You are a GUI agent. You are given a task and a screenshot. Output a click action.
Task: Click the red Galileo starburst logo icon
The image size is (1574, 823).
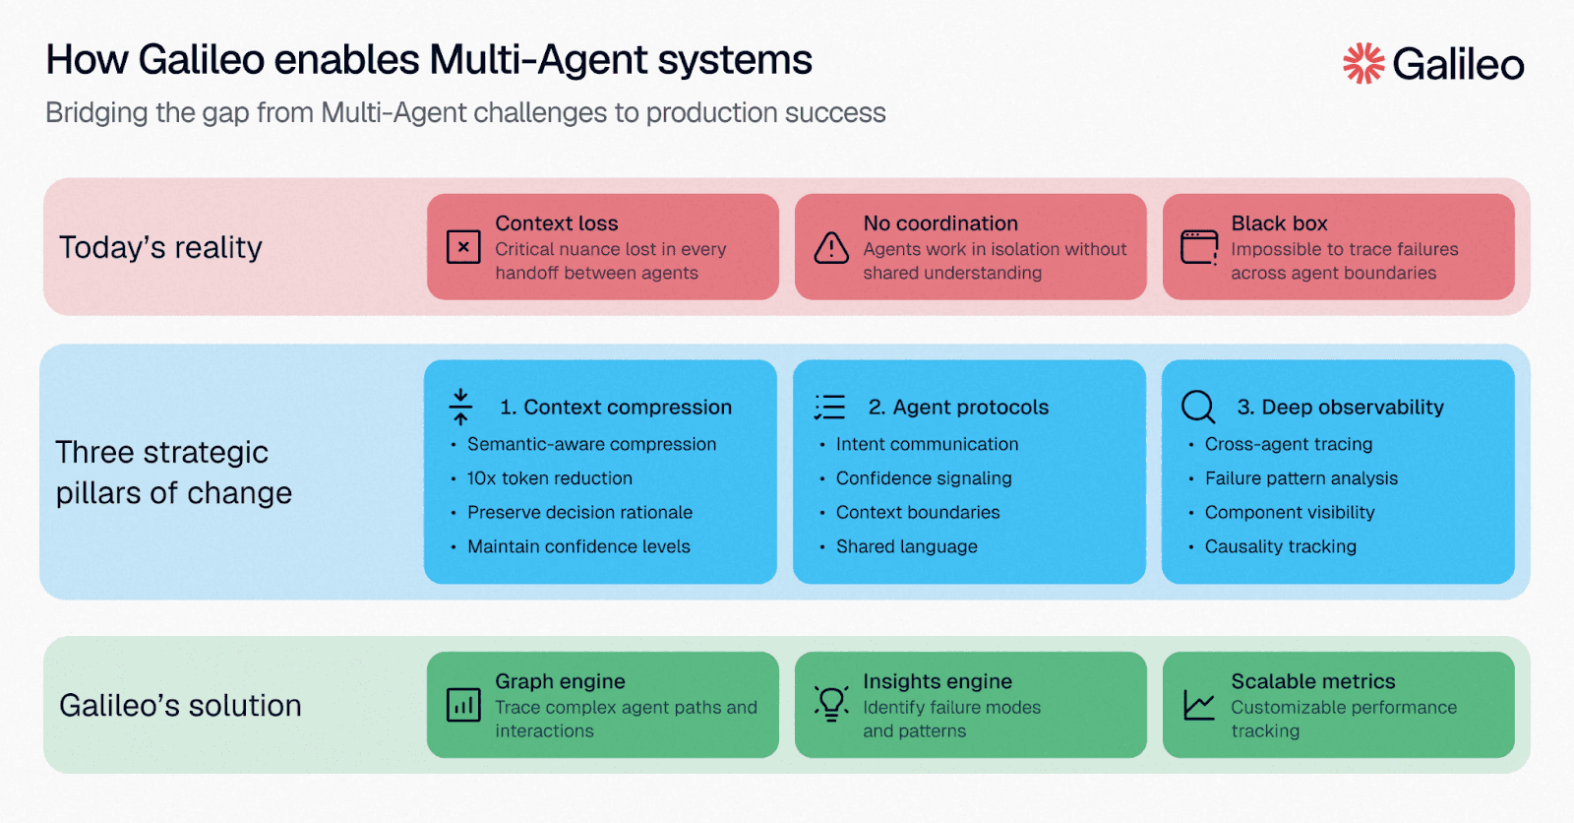click(x=1363, y=63)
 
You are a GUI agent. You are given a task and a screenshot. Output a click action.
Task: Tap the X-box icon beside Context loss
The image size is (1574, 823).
click(x=463, y=247)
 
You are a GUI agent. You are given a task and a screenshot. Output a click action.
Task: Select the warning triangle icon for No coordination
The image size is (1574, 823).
click(x=831, y=247)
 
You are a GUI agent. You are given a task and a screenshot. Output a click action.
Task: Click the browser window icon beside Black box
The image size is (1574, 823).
click(x=1199, y=247)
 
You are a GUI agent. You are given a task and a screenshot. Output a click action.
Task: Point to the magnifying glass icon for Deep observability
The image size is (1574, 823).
click(x=1198, y=407)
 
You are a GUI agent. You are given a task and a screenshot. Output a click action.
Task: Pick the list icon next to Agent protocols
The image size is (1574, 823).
click(x=829, y=407)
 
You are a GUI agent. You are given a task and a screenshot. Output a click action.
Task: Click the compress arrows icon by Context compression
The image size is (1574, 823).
click(x=460, y=407)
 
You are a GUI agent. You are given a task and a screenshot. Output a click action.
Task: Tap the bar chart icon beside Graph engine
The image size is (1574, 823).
click(x=463, y=705)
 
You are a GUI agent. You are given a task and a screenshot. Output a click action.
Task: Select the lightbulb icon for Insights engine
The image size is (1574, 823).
click(x=831, y=705)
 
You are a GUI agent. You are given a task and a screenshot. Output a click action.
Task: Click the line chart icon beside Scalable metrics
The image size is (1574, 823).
click(x=1199, y=705)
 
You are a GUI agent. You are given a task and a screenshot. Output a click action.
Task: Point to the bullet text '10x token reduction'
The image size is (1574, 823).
click(x=550, y=478)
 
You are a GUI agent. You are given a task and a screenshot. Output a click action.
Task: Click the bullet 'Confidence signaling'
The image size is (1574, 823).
click(x=924, y=478)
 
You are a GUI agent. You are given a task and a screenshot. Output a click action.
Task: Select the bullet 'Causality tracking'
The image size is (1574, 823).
click(x=1280, y=546)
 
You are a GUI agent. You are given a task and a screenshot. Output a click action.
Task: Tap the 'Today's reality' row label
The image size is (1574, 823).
click(x=160, y=247)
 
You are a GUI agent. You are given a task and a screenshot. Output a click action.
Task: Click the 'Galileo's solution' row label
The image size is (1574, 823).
click(x=180, y=706)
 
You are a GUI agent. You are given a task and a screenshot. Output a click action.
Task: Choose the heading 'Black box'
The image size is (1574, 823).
click(x=1279, y=223)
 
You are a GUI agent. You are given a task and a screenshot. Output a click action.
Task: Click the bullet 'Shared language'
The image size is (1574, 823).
click(x=906, y=546)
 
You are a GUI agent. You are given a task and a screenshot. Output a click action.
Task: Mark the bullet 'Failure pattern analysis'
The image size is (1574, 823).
click(x=1301, y=478)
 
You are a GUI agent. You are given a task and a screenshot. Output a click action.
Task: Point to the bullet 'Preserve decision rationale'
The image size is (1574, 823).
click(x=579, y=513)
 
